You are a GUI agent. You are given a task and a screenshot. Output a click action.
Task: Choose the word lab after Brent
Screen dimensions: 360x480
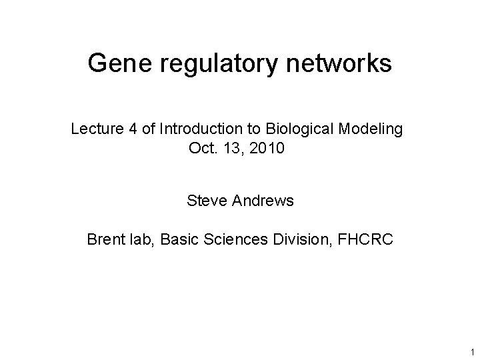143,240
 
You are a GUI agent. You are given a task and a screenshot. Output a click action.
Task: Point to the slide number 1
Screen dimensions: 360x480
471,351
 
